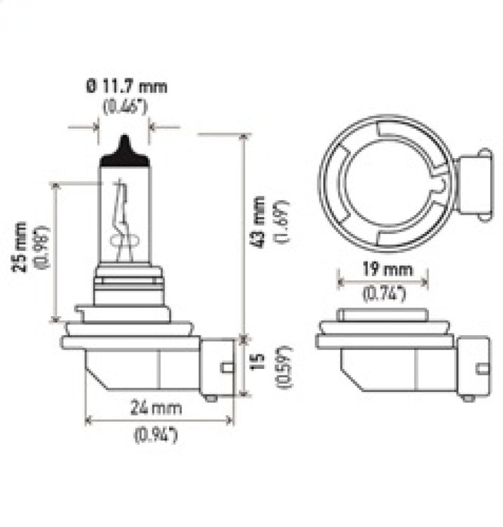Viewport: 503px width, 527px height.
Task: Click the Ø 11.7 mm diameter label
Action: tap(125, 87)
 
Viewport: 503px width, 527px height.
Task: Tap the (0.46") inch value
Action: tap(125, 106)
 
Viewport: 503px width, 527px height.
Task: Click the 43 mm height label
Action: tap(259, 222)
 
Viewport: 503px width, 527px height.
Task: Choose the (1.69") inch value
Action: tap(281, 222)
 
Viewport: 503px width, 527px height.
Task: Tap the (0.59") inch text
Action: tap(282, 366)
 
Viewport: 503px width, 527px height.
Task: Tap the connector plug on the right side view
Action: tap(471, 368)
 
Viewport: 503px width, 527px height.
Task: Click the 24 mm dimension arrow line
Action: tap(158, 422)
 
